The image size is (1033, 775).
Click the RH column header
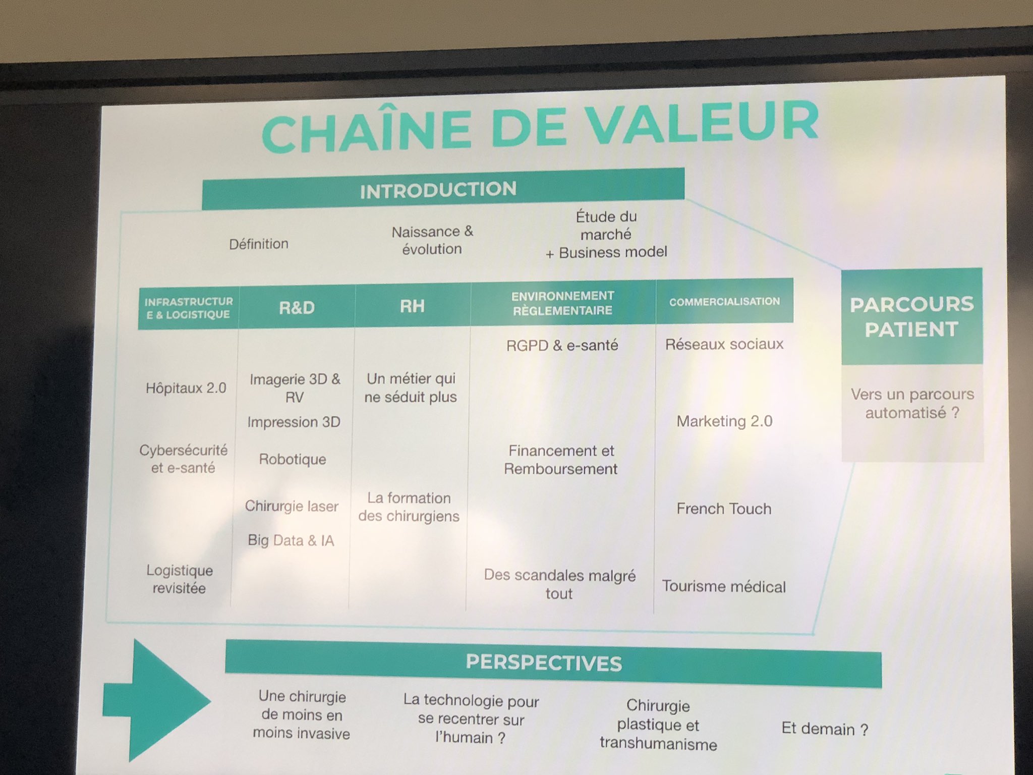412,306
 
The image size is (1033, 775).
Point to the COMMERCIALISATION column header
724,301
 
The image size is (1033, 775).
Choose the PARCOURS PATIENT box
911,316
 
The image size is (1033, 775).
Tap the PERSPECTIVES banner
544,662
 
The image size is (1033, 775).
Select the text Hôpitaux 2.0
186,388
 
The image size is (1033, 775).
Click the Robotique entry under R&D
293,459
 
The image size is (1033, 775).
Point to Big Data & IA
291,540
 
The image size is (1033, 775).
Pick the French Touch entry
724,509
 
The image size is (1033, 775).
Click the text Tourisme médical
724,586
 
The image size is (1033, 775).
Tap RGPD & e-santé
562,345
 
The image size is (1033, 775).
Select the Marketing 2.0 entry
724,421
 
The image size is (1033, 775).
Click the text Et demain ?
825,729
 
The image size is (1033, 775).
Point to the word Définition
259,244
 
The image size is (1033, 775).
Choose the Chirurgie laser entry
292,506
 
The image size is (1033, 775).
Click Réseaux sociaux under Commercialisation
724,344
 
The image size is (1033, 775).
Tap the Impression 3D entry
294,422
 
